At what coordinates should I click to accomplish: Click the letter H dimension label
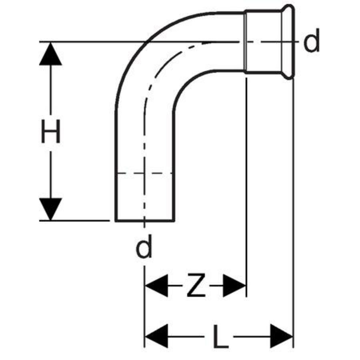pyautogui.click(x=50, y=131)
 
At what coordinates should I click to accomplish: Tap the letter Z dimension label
pyautogui.click(x=196, y=285)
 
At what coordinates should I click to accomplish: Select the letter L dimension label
pyautogui.click(x=220, y=336)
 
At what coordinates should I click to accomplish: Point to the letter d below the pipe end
pyautogui.click(x=144, y=246)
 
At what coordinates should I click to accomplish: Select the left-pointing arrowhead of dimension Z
pyautogui.click(x=156, y=286)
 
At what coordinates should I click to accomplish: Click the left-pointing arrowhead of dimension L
pyautogui.click(x=156, y=336)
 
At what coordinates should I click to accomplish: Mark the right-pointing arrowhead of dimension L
pyautogui.click(x=282, y=336)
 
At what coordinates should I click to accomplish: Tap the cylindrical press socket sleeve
pyautogui.click(x=263, y=42)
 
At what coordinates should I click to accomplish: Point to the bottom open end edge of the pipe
pyautogui.click(x=145, y=221)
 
